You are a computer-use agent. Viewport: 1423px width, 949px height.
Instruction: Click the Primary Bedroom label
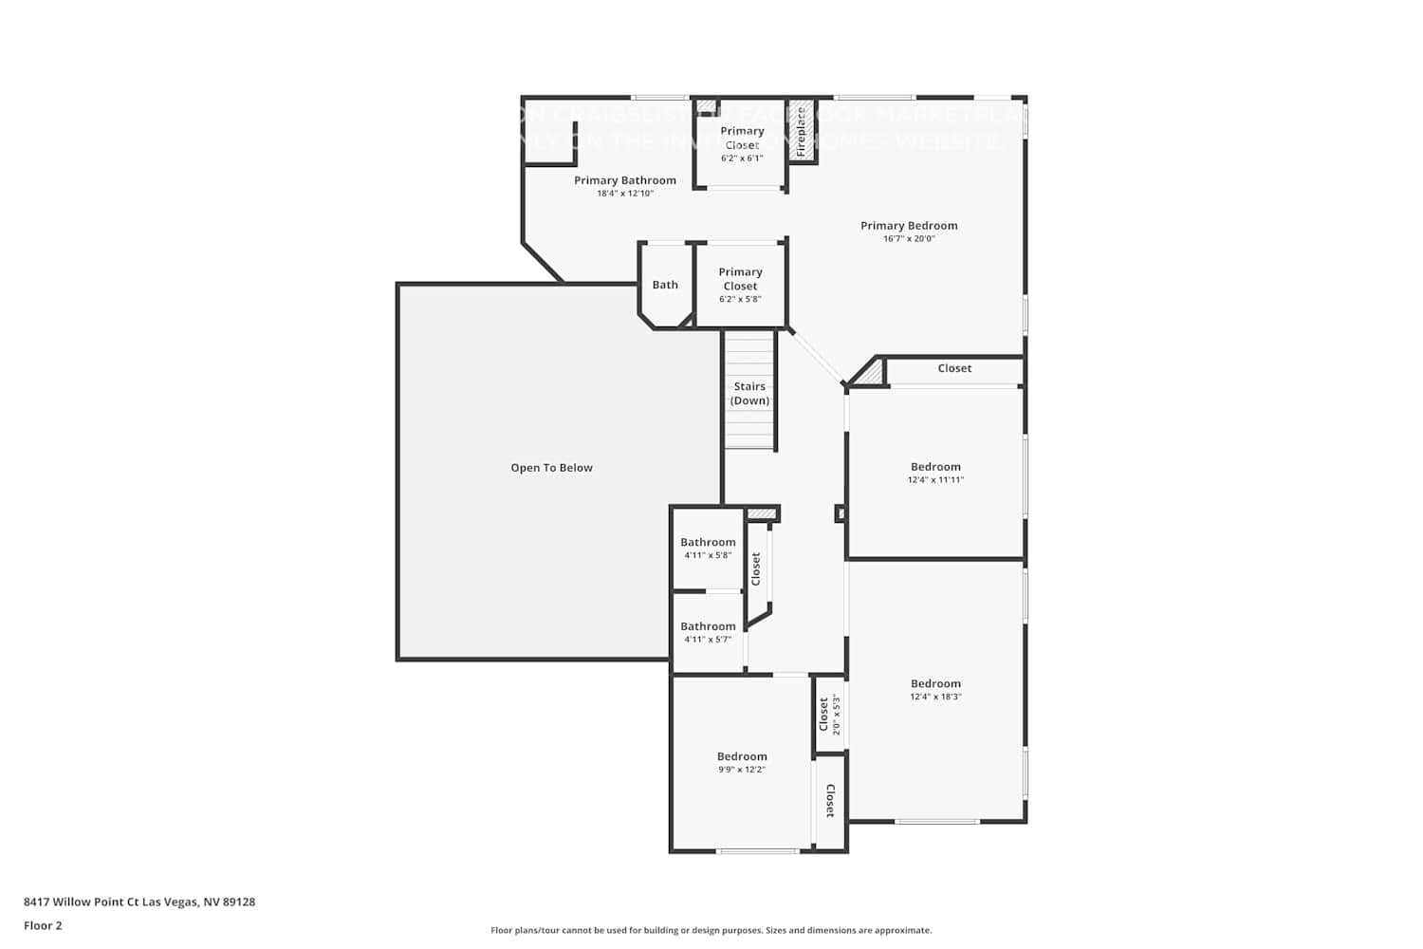909,225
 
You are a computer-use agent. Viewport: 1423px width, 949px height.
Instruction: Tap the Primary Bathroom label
624,180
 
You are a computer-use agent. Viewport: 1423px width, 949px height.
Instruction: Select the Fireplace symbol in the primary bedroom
802,131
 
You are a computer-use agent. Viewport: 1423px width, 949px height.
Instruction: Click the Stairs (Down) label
749,393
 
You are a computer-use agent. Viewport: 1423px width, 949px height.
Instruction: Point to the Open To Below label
551,468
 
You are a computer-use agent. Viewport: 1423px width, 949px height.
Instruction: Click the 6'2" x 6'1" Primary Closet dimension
741,158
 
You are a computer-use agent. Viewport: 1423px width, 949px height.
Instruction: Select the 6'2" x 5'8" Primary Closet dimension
740,299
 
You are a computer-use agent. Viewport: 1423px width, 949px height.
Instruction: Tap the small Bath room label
665,285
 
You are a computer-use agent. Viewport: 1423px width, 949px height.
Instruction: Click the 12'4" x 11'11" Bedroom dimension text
935,480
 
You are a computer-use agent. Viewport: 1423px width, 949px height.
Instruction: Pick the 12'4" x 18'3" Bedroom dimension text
935,697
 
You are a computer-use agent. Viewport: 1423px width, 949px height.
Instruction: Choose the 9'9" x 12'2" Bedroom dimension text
741,770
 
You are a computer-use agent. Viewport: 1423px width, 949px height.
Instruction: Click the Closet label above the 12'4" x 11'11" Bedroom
954,368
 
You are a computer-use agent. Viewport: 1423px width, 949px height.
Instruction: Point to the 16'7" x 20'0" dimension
909,239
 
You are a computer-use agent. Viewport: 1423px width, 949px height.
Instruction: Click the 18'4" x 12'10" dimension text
624,194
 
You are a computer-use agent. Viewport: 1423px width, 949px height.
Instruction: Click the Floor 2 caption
43,925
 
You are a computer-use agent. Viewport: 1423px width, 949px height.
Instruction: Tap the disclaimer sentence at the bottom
711,931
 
